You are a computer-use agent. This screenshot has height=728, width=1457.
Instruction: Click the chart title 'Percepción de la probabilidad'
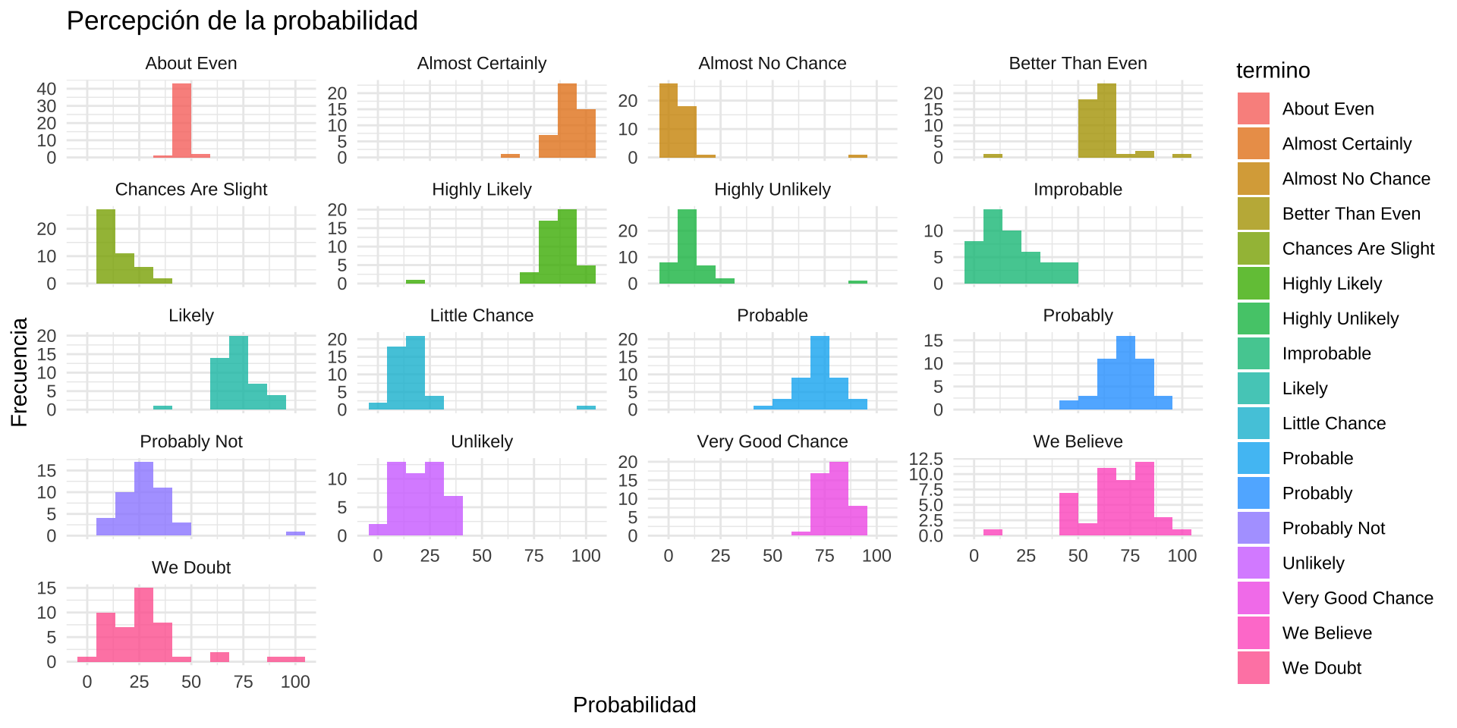pyautogui.click(x=242, y=21)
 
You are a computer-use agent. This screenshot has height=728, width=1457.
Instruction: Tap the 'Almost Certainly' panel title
pyautogui.click(x=481, y=64)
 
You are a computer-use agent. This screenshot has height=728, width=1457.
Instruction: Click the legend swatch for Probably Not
pyautogui.click(x=1253, y=528)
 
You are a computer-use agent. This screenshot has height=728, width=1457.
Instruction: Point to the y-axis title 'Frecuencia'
pyautogui.click(x=19, y=372)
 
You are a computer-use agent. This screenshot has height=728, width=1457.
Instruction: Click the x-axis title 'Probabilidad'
pyautogui.click(x=634, y=705)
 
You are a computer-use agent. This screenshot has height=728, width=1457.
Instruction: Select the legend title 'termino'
pyautogui.click(x=1273, y=71)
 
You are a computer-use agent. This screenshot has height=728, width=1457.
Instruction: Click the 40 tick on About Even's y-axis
pyautogui.click(x=46, y=89)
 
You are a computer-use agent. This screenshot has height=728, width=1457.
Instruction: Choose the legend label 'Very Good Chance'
pyautogui.click(x=1357, y=598)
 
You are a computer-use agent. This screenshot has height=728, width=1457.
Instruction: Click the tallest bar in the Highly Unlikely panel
pyautogui.click(x=687, y=246)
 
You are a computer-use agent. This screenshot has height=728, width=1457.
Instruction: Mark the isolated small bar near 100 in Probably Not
pyautogui.click(x=295, y=533)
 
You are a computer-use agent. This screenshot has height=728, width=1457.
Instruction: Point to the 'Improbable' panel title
pyautogui.click(x=1078, y=190)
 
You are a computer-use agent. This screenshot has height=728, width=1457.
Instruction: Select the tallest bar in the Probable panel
pyautogui.click(x=820, y=372)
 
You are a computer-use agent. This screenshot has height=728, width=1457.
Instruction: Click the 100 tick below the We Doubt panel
pyautogui.click(x=295, y=682)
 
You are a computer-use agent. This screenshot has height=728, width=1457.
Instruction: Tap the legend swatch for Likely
pyautogui.click(x=1253, y=388)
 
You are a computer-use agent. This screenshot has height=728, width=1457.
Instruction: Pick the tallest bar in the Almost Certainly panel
pyautogui.click(x=567, y=120)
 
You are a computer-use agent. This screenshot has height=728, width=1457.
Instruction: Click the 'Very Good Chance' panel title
pyautogui.click(x=772, y=442)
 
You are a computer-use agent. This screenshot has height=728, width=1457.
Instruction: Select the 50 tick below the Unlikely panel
pyautogui.click(x=481, y=556)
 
